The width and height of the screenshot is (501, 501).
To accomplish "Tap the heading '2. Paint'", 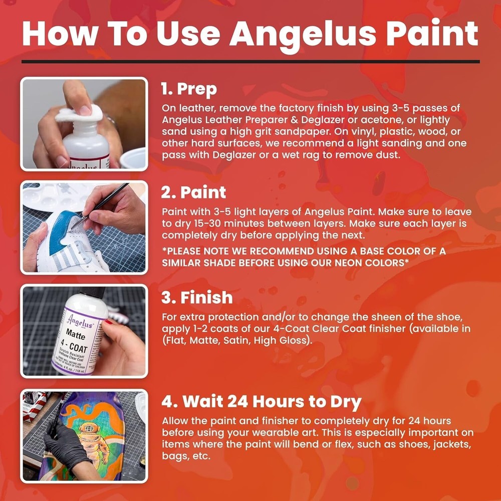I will click(x=193, y=192).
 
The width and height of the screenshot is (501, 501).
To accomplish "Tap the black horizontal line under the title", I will click(x=250, y=62).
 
